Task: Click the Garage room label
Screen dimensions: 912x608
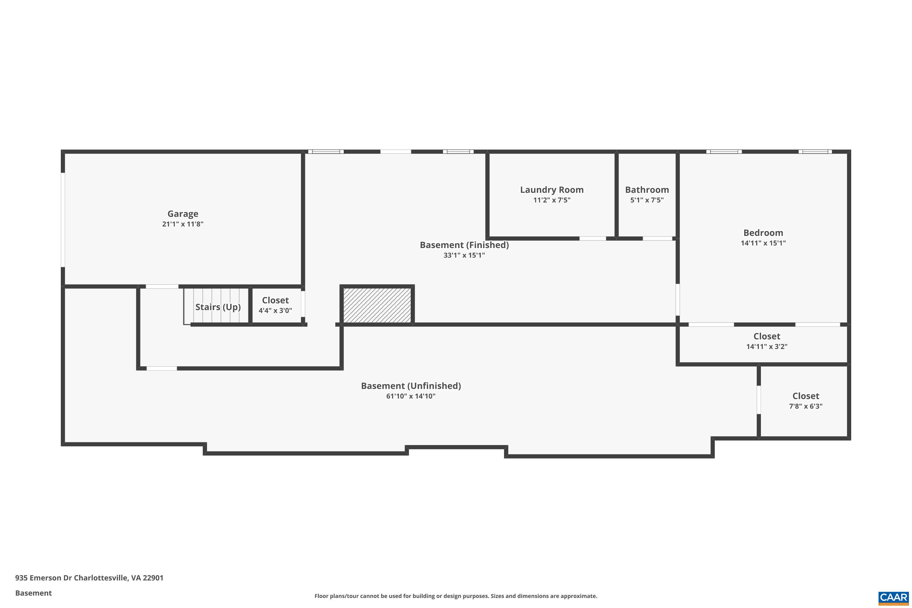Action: pyautogui.click(x=183, y=214)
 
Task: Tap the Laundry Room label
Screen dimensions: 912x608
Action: pyautogui.click(x=552, y=190)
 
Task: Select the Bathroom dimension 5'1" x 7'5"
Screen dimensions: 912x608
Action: pyautogui.click(x=647, y=200)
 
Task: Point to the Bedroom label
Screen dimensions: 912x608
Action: pyautogui.click(x=763, y=233)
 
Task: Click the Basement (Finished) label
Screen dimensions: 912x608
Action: pyautogui.click(x=464, y=245)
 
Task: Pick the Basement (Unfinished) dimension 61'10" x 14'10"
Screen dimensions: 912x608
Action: pyautogui.click(x=411, y=396)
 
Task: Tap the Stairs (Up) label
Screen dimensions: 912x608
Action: pyautogui.click(x=218, y=307)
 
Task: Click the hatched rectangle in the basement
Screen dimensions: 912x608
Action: pyautogui.click(x=377, y=305)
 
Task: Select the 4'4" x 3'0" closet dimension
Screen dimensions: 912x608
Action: pyautogui.click(x=275, y=310)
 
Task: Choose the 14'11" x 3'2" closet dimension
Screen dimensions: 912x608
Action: pyautogui.click(x=767, y=346)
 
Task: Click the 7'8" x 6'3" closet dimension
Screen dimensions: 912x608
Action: pyautogui.click(x=806, y=406)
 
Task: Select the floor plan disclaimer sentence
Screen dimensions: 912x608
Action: pyautogui.click(x=456, y=596)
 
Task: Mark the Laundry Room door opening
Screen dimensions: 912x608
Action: pyautogui.click(x=592, y=238)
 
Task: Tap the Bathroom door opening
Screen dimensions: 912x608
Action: pyautogui.click(x=657, y=238)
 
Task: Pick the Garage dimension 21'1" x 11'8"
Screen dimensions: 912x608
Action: pyautogui.click(x=183, y=224)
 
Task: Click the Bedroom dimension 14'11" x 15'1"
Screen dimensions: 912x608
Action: pyautogui.click(x=763, y=243)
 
